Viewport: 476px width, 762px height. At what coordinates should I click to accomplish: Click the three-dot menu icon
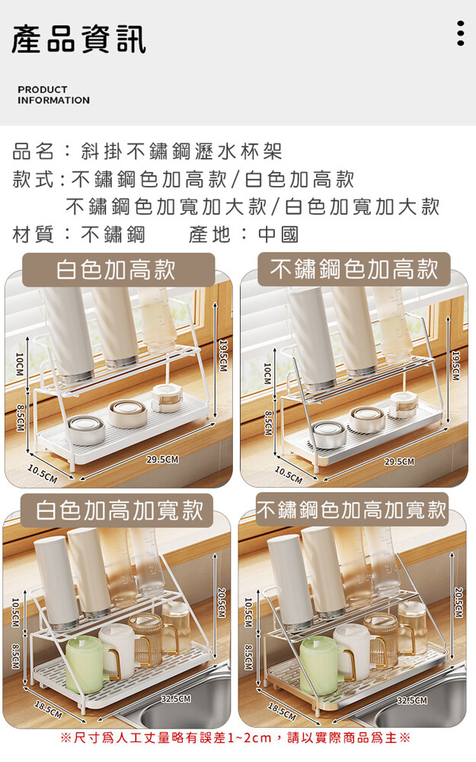461,33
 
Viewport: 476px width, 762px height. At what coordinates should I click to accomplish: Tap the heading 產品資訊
78,39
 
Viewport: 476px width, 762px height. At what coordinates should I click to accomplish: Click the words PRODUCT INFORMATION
53,94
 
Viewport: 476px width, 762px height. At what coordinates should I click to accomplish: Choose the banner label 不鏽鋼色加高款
354,269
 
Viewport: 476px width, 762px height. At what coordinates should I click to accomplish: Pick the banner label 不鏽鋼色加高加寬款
351,510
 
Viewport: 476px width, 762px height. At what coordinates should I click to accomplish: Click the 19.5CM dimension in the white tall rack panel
223,356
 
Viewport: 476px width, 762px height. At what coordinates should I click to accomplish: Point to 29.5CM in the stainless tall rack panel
399,461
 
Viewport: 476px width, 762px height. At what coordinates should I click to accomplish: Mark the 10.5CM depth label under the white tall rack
43,474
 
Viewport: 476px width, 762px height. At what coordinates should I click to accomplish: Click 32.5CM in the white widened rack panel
176,699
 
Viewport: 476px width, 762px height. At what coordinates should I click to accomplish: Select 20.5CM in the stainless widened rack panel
458,603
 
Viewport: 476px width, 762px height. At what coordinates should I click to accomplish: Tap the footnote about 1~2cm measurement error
235,738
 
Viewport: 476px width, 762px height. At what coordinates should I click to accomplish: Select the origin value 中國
278,235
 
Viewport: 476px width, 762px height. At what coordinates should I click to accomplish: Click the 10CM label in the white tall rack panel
19,364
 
